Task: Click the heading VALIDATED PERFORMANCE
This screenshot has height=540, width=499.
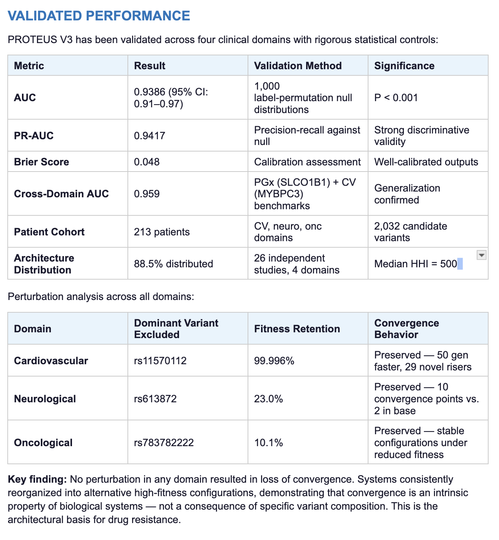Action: pos(99,16)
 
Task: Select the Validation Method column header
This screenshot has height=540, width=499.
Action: pos(298,66)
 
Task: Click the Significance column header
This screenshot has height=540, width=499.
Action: pos(404,66)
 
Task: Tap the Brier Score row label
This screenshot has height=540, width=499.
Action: pos(42,162)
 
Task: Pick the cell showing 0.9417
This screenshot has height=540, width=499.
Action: pos(149,136)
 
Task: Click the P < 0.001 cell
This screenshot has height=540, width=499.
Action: pos(396,98)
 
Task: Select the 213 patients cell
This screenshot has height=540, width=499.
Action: pos(162,232)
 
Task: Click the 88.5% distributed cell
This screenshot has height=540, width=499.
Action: pos(173,264)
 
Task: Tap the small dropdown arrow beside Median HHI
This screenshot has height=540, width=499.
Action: pos(481,255)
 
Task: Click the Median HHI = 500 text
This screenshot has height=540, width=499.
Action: pos(415,264)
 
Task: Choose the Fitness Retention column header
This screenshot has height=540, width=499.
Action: pos(297,329)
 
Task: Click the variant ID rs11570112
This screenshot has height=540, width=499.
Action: pos(160,361)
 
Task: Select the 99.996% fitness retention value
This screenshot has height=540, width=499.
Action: pos(274,361)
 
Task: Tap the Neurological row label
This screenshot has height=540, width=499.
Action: pos(45,399)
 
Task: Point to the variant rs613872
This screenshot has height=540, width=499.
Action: pos(155,399)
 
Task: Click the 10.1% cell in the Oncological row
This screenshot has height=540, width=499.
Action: pos(268,443)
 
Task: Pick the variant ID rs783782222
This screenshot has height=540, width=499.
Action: pos(164,443)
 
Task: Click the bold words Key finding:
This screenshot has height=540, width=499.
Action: pos(37,480)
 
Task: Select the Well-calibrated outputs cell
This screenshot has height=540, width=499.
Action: pos(426,162)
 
